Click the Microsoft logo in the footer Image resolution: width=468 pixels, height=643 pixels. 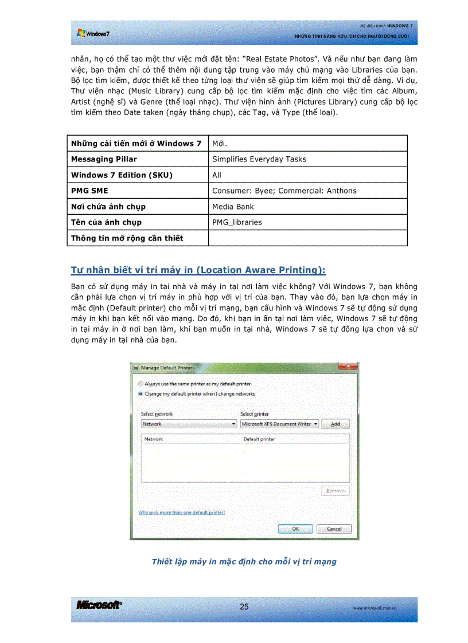pos(99,606)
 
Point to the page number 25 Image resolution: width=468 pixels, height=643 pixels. pos(244,607)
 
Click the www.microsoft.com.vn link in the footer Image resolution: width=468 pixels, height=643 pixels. pos(376,608)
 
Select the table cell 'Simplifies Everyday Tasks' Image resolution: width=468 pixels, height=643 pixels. pos(259,159)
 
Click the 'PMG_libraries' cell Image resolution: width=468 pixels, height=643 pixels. pos(237,222)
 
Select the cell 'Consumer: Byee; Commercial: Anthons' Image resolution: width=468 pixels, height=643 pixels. pos(284,191)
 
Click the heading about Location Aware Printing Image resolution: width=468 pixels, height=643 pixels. pos(198,270)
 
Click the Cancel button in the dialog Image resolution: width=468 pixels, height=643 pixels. pos(334,528)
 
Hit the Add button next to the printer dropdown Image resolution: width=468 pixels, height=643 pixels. pos(335,424)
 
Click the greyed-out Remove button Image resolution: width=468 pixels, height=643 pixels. pos(335,491)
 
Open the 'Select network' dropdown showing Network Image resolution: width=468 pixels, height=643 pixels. pos(189,424)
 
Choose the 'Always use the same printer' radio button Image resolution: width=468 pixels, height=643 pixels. pos(141,384)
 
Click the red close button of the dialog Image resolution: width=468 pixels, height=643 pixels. pos(348,367)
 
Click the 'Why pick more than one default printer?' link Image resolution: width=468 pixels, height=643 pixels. pos(182,512)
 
